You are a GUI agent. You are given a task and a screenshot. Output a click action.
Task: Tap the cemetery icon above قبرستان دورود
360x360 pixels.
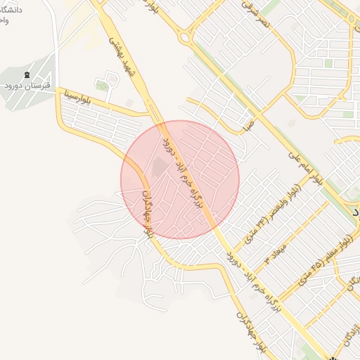point(27,75)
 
